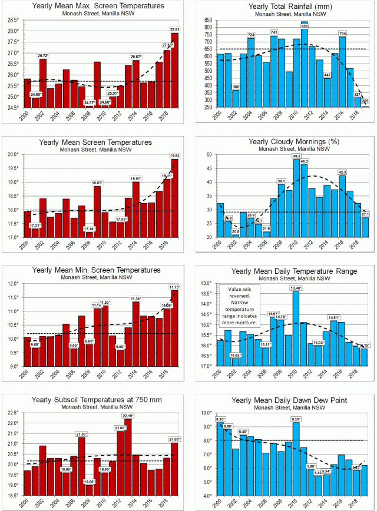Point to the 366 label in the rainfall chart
(236, 87)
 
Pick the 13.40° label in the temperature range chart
(296, 288)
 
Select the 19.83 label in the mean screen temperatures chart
(174, 156)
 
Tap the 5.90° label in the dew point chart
(312, 466)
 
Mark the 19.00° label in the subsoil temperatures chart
(90, 482)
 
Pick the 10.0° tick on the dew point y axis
(205, 413)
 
